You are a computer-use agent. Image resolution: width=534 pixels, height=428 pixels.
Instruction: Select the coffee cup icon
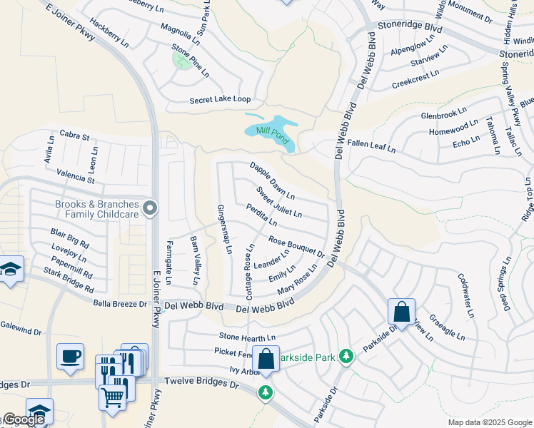(70, 357)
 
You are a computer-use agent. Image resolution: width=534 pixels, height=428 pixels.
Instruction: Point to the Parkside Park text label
(306, 355)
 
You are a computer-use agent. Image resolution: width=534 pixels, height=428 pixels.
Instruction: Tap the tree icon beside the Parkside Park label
(346, 355)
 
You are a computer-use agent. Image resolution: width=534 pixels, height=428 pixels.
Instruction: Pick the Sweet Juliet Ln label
(278, 203)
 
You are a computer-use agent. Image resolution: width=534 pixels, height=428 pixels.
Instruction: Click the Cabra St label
(74, 136)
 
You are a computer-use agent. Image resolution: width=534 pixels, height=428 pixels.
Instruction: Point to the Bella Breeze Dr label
(120, 304)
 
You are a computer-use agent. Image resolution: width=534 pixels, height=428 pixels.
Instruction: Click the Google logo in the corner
(23, 419)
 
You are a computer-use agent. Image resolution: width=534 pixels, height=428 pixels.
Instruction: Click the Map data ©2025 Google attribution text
(489, 422)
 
